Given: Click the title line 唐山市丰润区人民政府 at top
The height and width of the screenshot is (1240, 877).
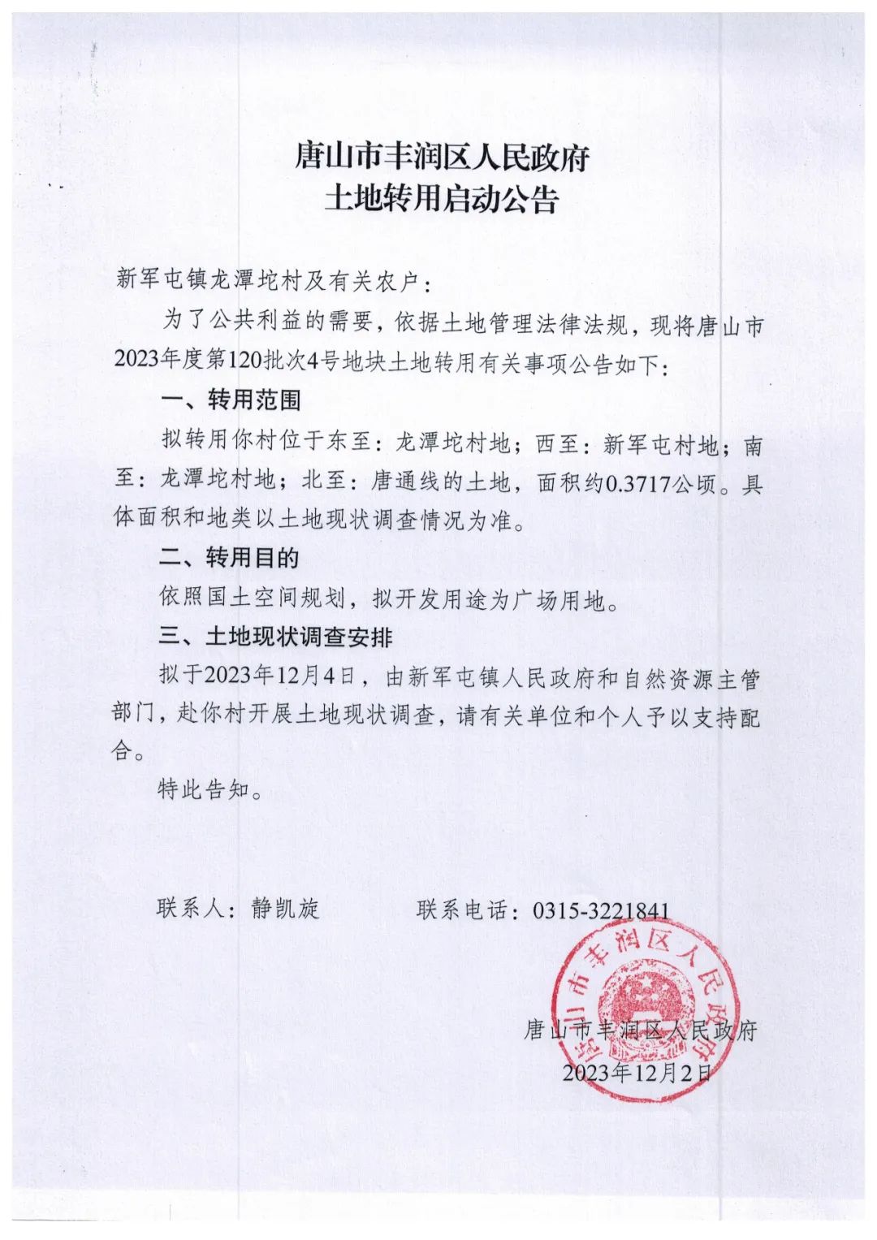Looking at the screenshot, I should point(441,156).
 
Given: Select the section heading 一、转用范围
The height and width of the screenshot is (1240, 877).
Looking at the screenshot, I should point(231,400).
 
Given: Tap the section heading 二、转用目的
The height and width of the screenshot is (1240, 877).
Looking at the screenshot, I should point(229,558).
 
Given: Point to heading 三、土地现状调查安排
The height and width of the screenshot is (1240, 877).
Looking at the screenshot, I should point(275,637).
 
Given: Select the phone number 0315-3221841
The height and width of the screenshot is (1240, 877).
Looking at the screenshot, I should point(601,909).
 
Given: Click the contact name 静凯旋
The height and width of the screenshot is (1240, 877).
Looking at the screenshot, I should point(285,909).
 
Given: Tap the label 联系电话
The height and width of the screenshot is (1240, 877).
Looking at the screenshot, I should point(462,909).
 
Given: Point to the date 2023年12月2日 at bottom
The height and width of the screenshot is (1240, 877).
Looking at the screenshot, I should point(637,1073).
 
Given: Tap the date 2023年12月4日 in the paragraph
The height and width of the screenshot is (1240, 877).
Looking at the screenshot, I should point(281,676).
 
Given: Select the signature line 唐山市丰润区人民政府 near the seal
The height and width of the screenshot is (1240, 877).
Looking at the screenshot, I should point(640,1031).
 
